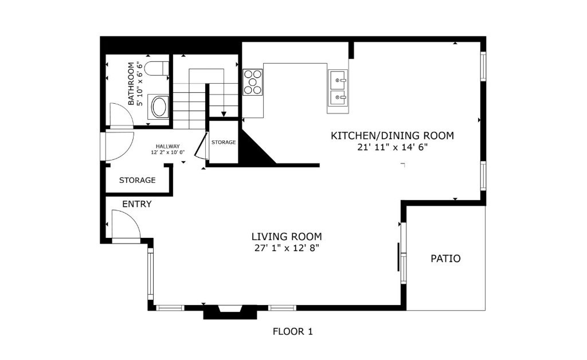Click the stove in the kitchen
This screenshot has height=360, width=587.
coord(252,83)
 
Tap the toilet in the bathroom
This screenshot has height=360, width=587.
coord(156,68)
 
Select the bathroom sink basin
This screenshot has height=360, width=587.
coord(159,107)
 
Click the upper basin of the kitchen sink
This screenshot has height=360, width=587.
coord(338,80)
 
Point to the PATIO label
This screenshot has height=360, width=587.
coord(445,259)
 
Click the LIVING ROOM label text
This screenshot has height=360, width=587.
coord(287,237)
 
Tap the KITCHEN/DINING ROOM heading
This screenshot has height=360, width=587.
coord(392,135)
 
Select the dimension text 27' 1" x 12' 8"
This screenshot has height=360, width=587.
coord(287,248)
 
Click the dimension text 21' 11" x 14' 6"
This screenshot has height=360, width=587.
coord(392,147)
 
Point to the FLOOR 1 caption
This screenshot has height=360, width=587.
coord(293,331)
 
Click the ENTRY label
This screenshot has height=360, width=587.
coord(137,204)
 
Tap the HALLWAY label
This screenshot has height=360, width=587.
coord(168,146)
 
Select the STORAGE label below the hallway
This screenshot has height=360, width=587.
coord(138,180)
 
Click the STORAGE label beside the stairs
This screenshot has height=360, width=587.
coord(224,142)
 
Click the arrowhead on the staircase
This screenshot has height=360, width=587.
coord(224,114)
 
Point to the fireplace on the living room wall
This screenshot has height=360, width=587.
coord(230,312)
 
